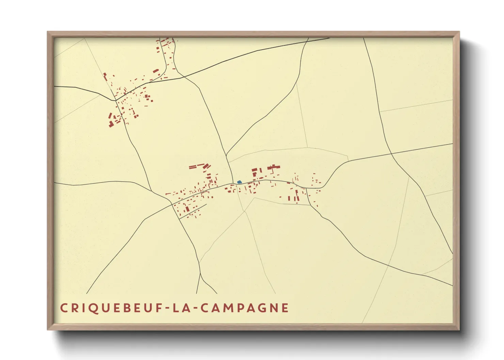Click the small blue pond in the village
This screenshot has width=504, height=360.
point(239,182)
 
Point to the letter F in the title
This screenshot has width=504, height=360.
point(159,308)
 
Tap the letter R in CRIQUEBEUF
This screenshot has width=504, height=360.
point(74,308)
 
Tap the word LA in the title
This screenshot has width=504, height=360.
point(181,308)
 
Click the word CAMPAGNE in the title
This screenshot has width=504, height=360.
point(244,308)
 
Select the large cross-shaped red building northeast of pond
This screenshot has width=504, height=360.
point(273,167)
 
